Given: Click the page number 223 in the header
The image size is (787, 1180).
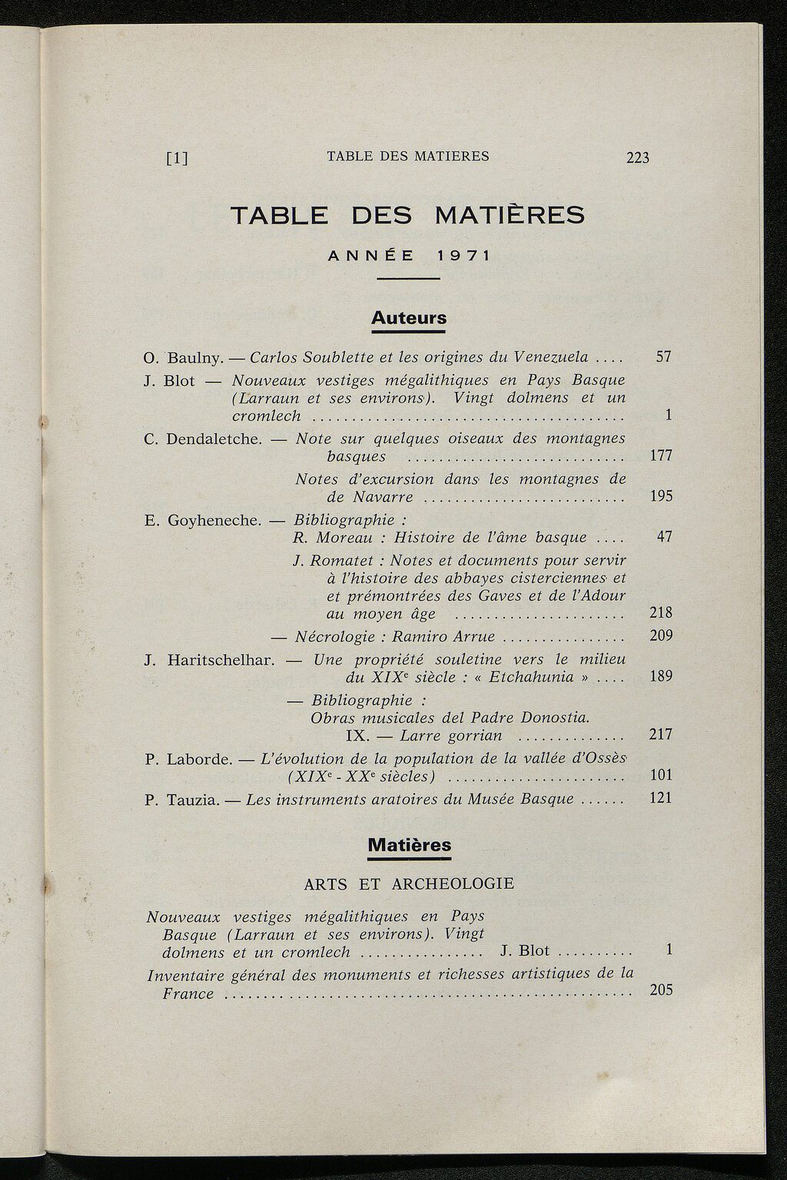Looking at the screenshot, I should (x=638, y=157).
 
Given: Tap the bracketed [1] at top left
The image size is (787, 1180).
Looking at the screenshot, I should (x=178, y=158).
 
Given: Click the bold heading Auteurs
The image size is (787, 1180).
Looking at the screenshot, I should (x=409, y=317).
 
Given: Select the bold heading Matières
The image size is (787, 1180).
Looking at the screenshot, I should (x=410, y=844).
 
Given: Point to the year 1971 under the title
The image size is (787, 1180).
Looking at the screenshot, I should (x=463, y=255).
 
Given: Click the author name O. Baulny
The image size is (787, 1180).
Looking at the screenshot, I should (x=183, y=357).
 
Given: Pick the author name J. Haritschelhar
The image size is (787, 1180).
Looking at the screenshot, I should (x=209, y=660).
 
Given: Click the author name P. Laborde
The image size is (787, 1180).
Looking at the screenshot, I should (x=188, y=759).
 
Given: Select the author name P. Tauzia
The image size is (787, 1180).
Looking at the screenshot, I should (x=182, y=800).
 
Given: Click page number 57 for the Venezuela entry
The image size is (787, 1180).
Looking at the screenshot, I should (x=663, y=356).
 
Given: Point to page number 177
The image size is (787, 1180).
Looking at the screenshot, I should (x=661, y=456).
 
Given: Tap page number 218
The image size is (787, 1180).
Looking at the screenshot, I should (x=660, y=612).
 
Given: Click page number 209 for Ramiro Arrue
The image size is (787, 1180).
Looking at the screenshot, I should (x=660, y=635).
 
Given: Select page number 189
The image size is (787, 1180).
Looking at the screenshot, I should (x=660, y=676).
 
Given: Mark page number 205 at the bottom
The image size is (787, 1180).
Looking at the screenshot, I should (x=661, y=989).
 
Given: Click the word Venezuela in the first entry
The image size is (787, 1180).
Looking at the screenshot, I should (x=551, y=356).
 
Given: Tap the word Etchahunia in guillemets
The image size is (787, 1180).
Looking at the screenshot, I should (x=537, y=677).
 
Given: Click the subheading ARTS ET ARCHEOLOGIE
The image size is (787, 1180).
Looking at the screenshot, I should (x=409, y=883).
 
